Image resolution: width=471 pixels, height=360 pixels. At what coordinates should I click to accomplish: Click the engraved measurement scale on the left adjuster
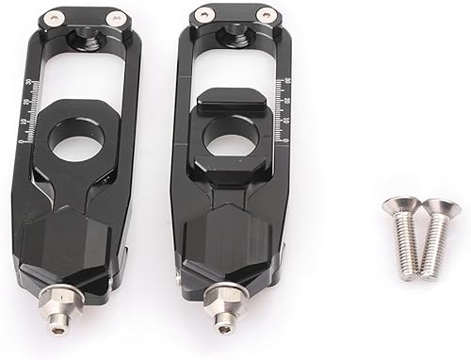(28, 118)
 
